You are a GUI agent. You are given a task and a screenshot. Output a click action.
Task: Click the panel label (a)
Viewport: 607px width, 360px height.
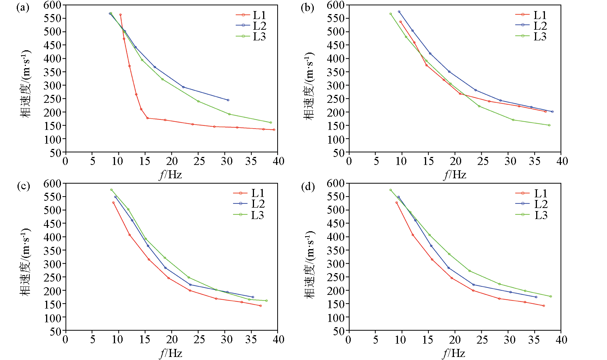tap(23, 8)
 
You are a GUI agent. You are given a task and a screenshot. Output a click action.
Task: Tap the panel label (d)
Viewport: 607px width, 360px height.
tap(308, 187)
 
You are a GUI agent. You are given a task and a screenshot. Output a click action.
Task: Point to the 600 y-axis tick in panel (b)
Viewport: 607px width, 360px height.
tap(335, 5)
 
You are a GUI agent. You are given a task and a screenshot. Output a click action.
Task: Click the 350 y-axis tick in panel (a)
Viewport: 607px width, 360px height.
tap(53, 72)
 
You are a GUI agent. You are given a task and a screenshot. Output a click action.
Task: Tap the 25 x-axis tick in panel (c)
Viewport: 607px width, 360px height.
tap(199, 339)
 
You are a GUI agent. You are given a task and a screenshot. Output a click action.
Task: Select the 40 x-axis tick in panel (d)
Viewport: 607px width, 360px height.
tap(561, 339)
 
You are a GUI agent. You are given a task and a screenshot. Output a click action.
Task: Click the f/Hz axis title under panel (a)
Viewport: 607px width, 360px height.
tap(171, 174)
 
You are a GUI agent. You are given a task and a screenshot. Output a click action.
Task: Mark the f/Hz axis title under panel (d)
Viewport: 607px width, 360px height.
tap(454, 353)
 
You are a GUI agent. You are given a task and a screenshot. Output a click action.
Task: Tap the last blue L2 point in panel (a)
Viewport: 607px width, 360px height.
tap(228, 100)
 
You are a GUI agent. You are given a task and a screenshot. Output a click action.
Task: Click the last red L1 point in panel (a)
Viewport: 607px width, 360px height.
tap(274, 130)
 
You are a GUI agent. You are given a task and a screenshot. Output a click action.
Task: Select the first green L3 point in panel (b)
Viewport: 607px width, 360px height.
tap(390, 14)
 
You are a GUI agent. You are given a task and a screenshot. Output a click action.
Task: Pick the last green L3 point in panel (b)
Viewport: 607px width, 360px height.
tap(549, 125)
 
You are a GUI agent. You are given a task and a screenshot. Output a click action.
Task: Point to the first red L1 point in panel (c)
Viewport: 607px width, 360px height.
tap(113, 203)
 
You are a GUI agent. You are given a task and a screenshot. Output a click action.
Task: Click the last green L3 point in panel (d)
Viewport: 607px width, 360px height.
tap(551, 296)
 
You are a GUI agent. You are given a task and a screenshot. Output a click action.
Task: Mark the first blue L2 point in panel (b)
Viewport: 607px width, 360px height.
tap(399, 11)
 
